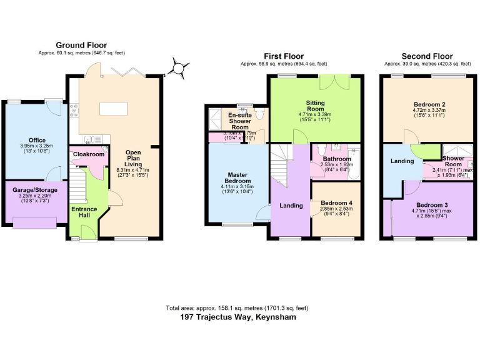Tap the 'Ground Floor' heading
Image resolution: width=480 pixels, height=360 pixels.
[x=81, y=45]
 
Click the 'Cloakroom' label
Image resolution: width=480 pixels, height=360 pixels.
[x=88, y=154]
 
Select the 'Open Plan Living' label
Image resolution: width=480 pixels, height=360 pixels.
[x=133, y=160]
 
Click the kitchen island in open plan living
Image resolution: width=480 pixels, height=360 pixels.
[x=112, y=109]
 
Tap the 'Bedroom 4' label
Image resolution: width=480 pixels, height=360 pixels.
[x=336, y=203]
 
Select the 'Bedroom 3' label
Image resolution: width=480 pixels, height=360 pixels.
[x=432, y=205]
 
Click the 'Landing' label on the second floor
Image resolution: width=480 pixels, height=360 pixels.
[x=402, y=161]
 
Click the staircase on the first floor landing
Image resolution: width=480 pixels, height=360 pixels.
[x=281, y=166]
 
